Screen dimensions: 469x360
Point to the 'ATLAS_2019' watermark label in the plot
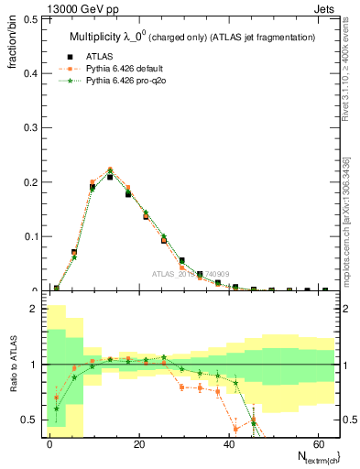click(175, 273)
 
